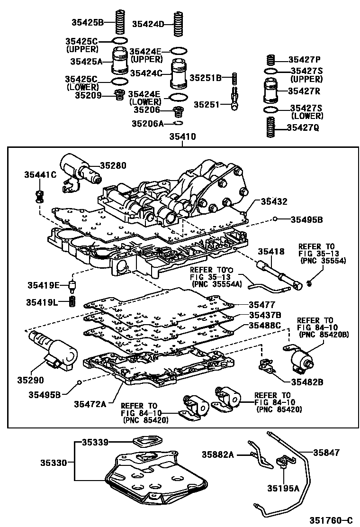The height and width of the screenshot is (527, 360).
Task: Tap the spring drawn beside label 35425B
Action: click(x=120, y=22)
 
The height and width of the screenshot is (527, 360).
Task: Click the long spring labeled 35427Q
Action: click(x=270, y=127)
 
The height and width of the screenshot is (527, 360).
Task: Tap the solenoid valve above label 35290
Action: click(x=52, y=350)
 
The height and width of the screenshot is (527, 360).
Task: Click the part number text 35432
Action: click(x=274, y=201)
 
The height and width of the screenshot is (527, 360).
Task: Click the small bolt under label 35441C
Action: click(x=40, y=195)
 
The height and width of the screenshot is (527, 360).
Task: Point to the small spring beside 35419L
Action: click(x=72, y=301)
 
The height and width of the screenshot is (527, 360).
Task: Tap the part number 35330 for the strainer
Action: click(x=52, y=461)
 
